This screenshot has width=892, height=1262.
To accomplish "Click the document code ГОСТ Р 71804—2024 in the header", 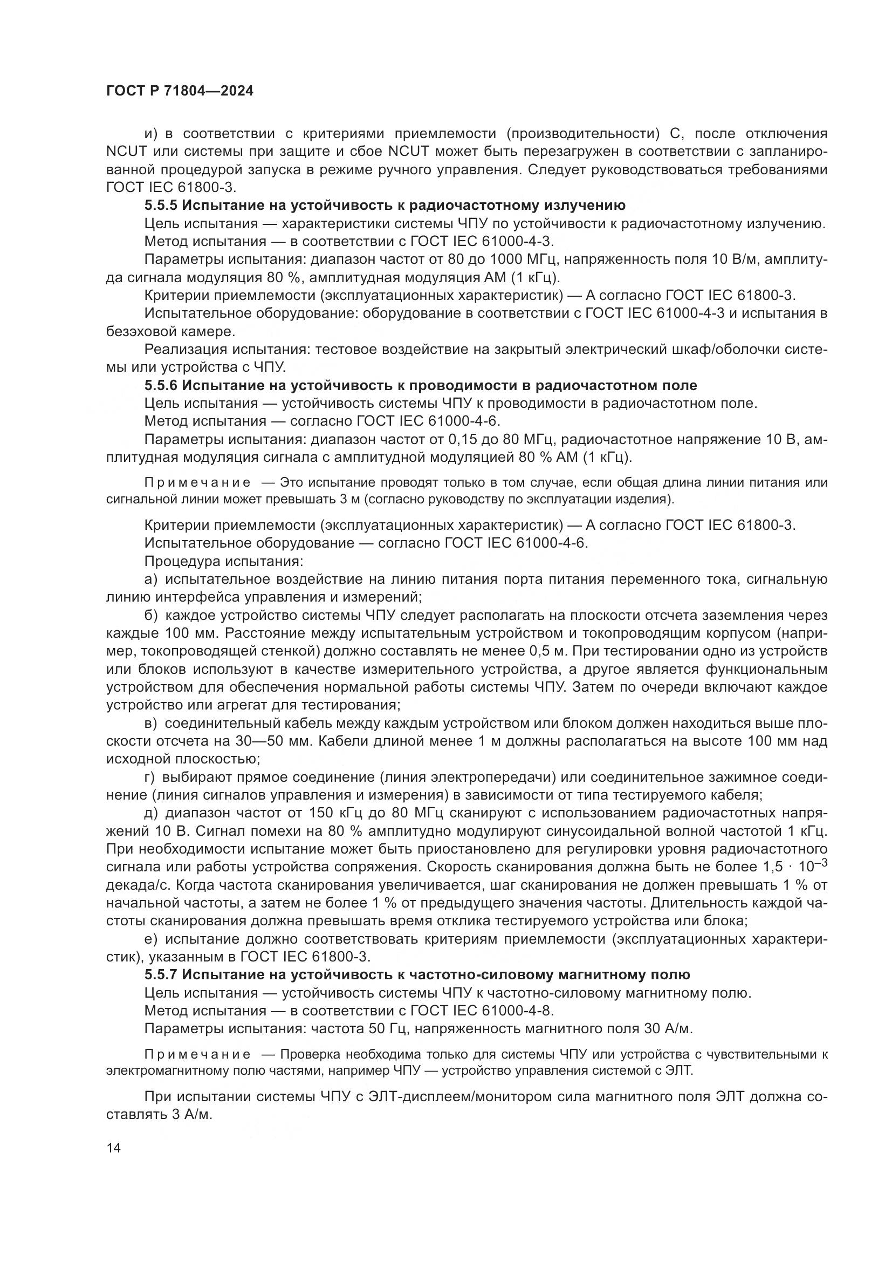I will [x=180, y=91].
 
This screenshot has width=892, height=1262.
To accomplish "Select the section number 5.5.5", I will [x=160, y=206].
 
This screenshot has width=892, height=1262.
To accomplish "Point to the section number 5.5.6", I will [x=160, y=385].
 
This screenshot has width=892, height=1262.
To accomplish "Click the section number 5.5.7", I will [x=160, y=974].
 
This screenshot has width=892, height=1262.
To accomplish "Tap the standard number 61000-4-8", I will [x=522, y=1011].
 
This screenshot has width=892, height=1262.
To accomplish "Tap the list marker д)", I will [x=151, y=813].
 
